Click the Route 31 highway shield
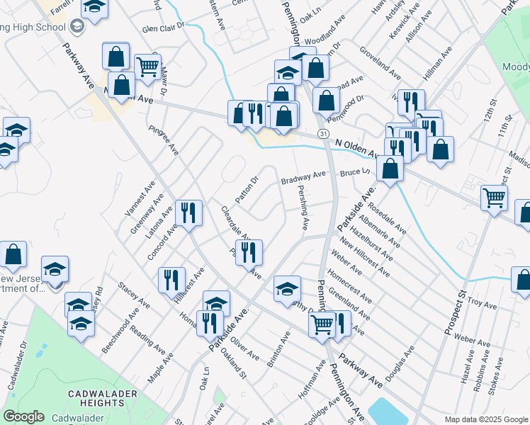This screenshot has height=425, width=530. (x=323, y=133)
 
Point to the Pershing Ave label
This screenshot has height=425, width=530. (x=303, y=209)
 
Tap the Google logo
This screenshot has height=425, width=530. (x=23, y=416)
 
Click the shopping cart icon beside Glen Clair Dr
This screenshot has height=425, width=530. (x=147, y=68)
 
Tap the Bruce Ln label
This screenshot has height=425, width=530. (x=355, y=173)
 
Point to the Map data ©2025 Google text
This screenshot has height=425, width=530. (x=485, y=419)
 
